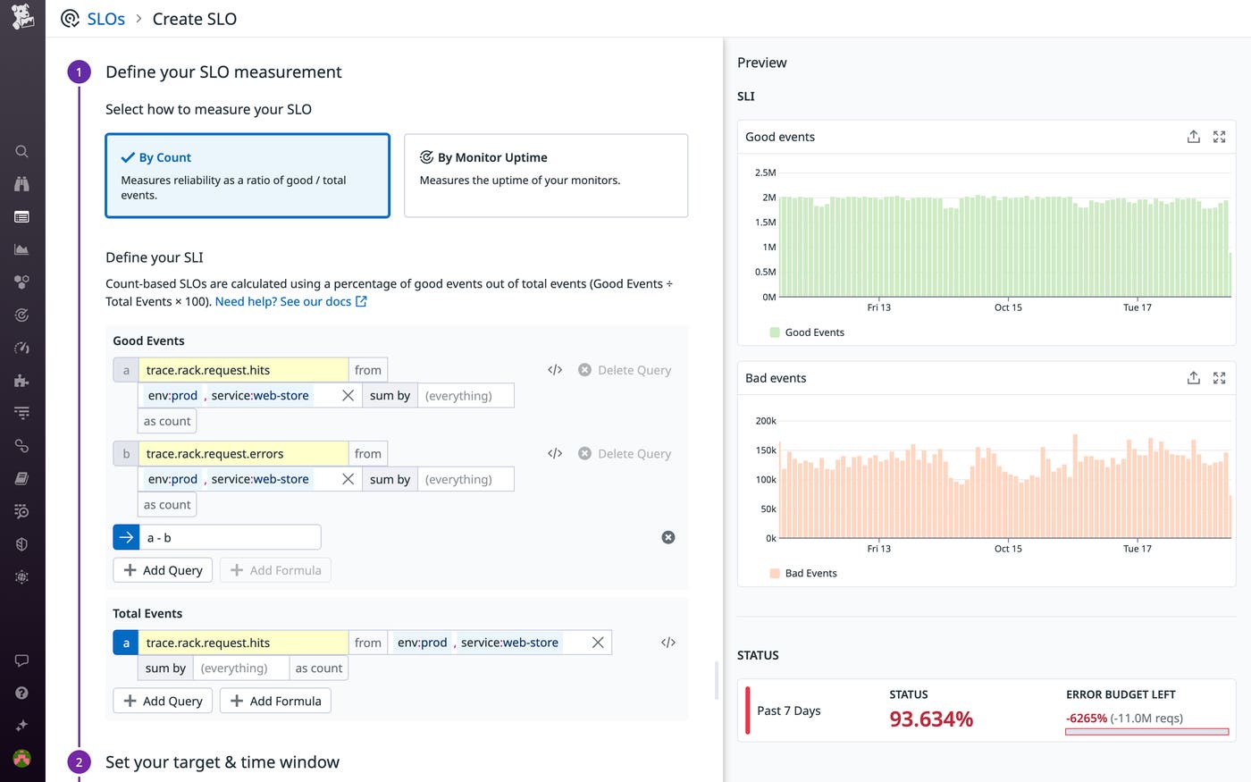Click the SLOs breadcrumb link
click(105, 19)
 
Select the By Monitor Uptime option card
click(545, 175)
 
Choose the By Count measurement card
click(248, 175)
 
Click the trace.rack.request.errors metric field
click(243, 454)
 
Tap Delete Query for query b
click(625, 454)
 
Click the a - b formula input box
click(230, 537)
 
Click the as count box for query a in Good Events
click(167, 421)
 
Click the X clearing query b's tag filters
click(348, 479)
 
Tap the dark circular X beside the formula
click(668, 537)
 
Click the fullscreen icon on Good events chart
click(1219, 137)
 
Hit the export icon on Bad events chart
click(1193, 378)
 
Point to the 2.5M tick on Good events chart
click(765, 172)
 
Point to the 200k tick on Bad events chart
click(766, 421)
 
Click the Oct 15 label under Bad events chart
click(1008, 549)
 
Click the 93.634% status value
click(931, 719)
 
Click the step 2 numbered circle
click(79, 762)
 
